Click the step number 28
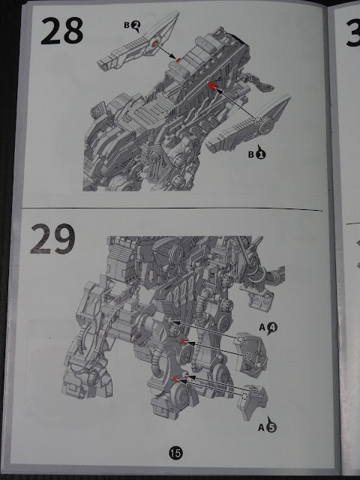(61, 31)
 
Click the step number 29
(52, 239)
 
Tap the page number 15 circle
(175, 452)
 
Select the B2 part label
(132, 25)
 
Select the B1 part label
(257, 153)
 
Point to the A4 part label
(268, 328)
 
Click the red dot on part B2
(154, 43)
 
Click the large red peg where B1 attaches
(211, 85)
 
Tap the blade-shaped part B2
(138, 42)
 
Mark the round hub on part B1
(265, 126)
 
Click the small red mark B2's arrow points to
(178, 60)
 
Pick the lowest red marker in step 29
(175, 379)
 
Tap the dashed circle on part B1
(257, 121)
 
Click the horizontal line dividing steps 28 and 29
(172, 208)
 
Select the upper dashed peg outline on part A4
(242, 340)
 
